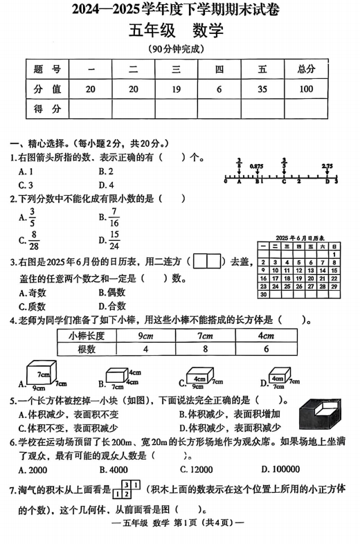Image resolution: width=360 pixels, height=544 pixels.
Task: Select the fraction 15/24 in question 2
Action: pos(114,240)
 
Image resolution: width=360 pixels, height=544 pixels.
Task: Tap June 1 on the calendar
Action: pos(335,254)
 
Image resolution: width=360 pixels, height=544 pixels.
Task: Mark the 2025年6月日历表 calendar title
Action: pos(299,236)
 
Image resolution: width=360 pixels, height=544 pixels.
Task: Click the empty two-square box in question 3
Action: pos(206,262)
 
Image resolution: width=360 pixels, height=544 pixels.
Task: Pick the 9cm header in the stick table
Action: pos(145,336)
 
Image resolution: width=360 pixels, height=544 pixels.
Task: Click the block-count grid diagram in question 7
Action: pos(127,489)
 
